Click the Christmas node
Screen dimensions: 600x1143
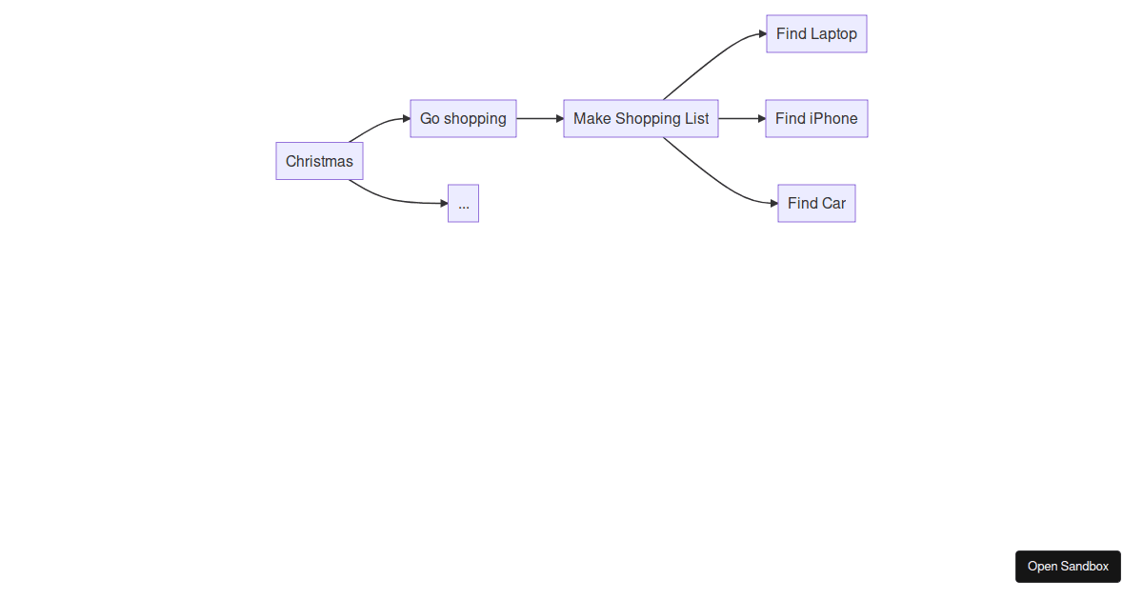319,161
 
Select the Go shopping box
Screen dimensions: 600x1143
463,119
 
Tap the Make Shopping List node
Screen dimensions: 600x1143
641,119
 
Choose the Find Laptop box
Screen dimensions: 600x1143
816,34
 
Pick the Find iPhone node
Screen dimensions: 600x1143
816,119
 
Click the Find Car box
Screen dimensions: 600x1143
816,204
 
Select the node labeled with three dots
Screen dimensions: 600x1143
463,204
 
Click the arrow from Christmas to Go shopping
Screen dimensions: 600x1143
378,126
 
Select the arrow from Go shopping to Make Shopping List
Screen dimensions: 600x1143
540,119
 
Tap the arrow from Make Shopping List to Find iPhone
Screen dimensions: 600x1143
742,119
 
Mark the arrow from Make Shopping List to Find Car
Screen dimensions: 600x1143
714,178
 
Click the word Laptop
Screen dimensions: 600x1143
834,34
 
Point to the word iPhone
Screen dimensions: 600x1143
833,119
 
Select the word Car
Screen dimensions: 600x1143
833,204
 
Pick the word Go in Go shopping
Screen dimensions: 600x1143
430,119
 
